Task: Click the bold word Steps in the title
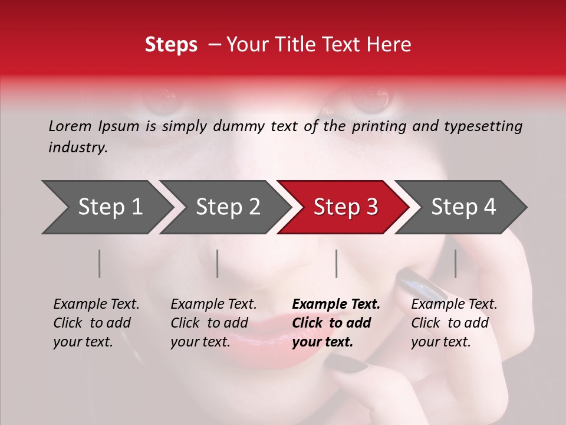click(x=171, y=45)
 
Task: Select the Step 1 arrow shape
click(x=106, y=207)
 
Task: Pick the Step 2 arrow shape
click(x=227, y=207)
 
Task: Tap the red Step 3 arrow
click(x=345, y=207)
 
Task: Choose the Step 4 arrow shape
click(x=463, y=207)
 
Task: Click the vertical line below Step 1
click(x=99, y=263)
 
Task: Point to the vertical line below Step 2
click(x=218, y=263)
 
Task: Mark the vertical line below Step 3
click(x=336, y=263)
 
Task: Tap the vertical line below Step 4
click(x=455, y=263)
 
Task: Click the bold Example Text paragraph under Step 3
click(x=335, y=323)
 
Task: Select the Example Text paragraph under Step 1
click(x=96, y=323)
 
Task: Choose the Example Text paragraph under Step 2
click(x=213, y=323)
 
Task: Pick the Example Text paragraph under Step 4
click(x=453, y=323)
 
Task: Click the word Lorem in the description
click(x=70, y=126)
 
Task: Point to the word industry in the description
click(x=77, y=148)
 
